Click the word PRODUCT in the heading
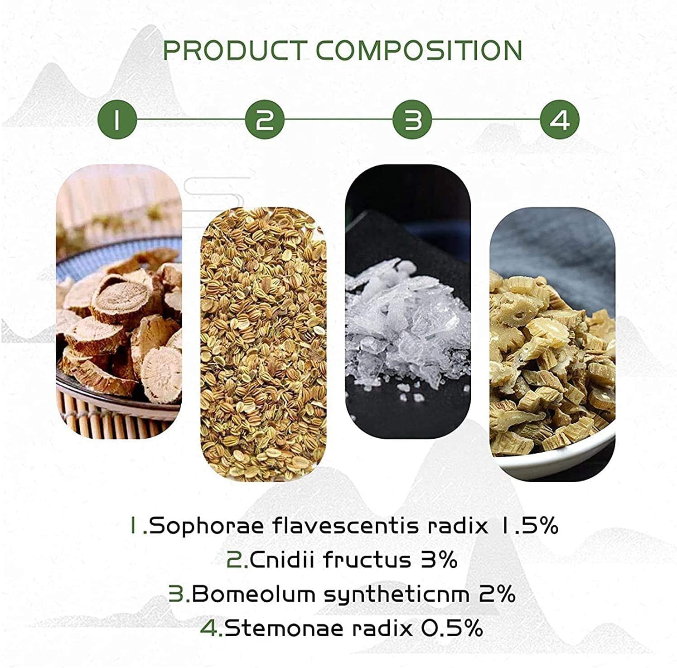click(234, 50)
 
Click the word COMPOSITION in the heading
click(419, 50)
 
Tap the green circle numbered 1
click(117, 120)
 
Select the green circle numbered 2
click(265, 120)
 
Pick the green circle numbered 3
click(412, 120)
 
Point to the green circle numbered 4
click(560, 120)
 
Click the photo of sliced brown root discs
click(119, 301)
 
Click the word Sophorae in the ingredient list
click(206, 527)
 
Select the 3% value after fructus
click(439, 560)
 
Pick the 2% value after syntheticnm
click(497, 594)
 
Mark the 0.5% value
click(452, 628)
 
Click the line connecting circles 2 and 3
click(338, 120)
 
